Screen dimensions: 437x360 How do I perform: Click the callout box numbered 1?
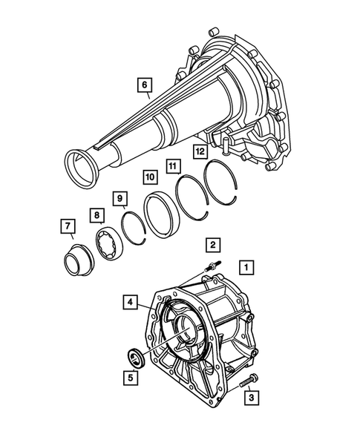tap(246, 266)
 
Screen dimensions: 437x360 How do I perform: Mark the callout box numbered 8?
tap(96, 215)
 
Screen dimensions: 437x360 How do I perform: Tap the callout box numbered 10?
tap(148, 178)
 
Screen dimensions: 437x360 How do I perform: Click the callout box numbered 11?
tap(172, 166)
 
